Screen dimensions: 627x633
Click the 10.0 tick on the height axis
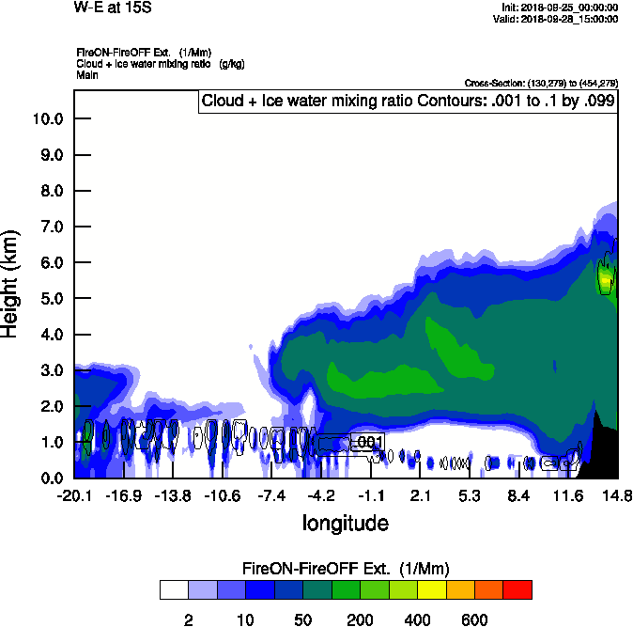[x=47, y=119]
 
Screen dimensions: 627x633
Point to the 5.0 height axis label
[x=47, y=299]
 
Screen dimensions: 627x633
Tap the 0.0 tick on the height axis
[x=47, y=478]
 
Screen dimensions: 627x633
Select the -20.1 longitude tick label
[x=74, y=495]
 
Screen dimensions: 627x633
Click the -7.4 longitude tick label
[x=271, y=495]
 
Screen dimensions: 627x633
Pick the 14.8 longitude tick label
[x=617, y=495]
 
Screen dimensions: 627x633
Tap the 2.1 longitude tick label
[x=420, y=495]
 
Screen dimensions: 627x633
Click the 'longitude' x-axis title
[x=345, y=522]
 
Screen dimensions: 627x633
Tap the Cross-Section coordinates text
[x=540, y=84]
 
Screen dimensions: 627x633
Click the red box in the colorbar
[x=517, y=589]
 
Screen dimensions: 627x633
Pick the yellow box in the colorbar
[x=430, y=589]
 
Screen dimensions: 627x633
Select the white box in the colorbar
[x=173, y=589]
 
